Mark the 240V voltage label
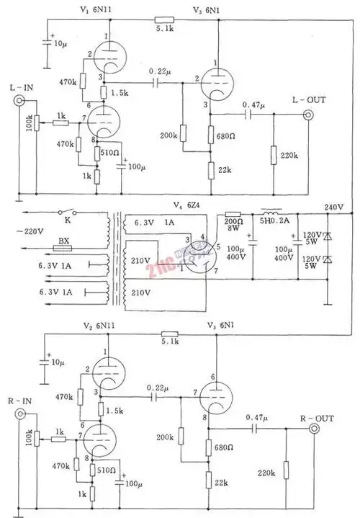tap(335, 207)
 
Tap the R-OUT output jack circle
tap(315, 430)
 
